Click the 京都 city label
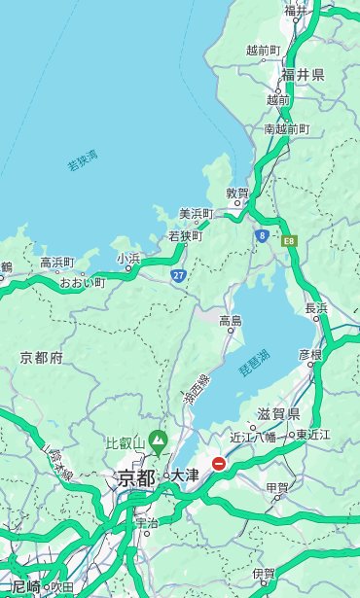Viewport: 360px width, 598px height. pos(136,477)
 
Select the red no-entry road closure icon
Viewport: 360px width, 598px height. pos(219,465)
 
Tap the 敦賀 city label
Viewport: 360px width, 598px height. pos(237,193)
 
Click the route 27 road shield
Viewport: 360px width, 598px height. pos(179,275)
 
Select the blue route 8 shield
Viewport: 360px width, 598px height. pos(262,235)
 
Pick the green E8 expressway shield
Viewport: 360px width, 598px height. pos(289,240)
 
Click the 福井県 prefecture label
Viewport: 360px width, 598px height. pos(303,75)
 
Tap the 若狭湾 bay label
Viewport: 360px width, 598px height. pos(83,160)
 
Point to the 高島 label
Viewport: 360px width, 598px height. pos(230,321)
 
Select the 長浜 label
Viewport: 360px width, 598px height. pos(316,308)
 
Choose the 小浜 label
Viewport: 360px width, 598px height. pos(128,259)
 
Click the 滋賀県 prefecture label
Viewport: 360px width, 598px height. pos(278,414)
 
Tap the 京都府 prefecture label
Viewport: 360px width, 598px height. pos(42,358)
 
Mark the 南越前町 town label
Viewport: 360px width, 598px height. pos(286,128)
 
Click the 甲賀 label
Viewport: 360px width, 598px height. pos(277,488)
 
